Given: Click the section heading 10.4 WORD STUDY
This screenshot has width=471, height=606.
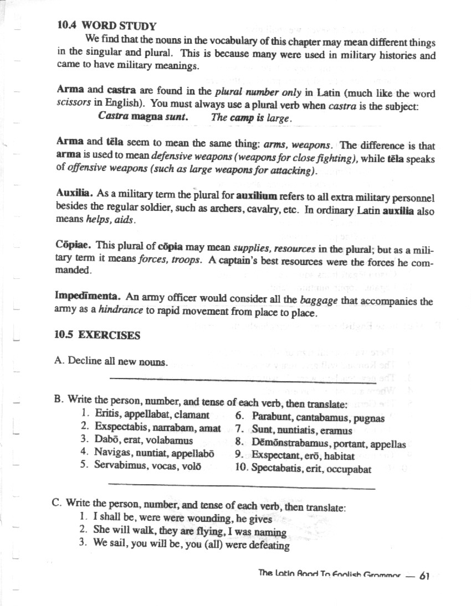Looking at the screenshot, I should coord(106,25).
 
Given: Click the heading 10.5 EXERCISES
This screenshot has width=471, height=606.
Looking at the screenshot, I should coord(98,335).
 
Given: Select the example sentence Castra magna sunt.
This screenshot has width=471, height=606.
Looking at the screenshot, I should coord(143,117).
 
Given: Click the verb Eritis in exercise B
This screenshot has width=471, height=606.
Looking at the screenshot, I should coord(107,414).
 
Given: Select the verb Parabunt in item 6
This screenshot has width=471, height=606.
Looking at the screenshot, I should coord(272,415).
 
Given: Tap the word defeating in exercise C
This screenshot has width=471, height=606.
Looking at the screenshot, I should coord(269,545).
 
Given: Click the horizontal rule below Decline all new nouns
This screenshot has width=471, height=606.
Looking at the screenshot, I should coord(243,380).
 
